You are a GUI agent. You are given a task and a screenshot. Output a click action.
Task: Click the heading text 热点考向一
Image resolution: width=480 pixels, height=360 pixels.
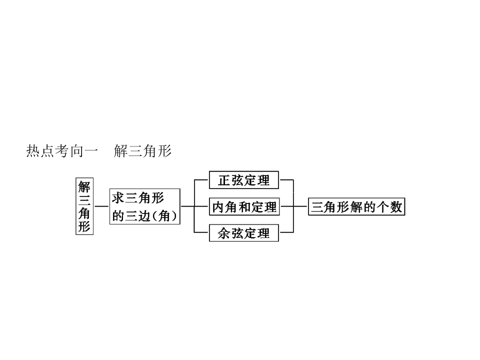(62, 151)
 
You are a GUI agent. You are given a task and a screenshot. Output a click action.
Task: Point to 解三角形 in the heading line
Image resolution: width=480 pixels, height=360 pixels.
(142, 151)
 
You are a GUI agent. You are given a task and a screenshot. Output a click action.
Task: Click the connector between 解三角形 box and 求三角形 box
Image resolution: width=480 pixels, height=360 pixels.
(101, 206)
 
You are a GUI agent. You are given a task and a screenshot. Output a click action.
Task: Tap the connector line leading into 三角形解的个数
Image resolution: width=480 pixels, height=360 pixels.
(300, 206)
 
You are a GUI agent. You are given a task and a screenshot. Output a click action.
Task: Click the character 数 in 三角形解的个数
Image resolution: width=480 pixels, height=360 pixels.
(396, 207)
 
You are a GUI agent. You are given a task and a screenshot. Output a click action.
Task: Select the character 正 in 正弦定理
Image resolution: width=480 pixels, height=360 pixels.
(224, 180)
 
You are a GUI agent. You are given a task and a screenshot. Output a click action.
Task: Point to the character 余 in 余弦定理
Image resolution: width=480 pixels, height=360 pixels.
(224, 233)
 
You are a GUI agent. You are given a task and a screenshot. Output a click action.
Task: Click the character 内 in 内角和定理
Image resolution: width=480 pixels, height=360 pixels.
(218, 207)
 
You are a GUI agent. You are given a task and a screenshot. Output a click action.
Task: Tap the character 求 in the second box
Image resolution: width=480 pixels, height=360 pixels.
(118, 198)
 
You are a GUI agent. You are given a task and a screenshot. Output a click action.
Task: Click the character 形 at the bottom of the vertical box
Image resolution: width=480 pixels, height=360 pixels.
(84, 226)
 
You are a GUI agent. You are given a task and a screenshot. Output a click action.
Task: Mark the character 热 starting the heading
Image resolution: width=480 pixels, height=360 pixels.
(33, 151)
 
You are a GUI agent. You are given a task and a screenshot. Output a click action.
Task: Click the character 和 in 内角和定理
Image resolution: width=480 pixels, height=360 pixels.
(244, 207)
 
